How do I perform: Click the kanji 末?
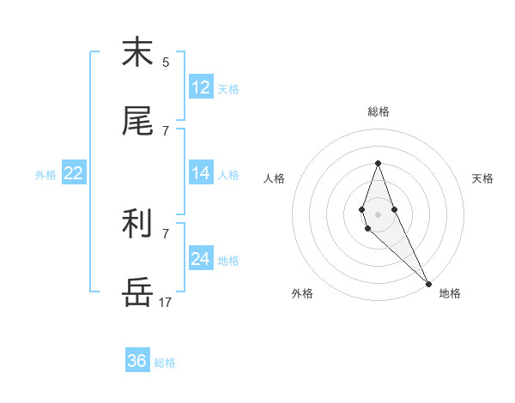(x=137, y=52)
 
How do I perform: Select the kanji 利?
(x=137, y=224)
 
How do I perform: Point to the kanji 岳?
(x=137, y=292)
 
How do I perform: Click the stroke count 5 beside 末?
(x=166, y=62)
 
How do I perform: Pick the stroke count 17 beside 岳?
(x=166, y=302)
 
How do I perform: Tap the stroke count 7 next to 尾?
(x=166, y=130)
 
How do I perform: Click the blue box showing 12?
(x=201, y=87)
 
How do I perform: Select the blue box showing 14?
(x=201, y=173)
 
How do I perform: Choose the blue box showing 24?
(x=201, y=259)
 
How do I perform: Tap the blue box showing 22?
(x=74, y=173)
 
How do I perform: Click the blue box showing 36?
(x=137, y=361)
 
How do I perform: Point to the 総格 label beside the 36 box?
(x=165, y=363)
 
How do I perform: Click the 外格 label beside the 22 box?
(x=45, y=175)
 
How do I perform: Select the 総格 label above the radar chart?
(x=379, y=111)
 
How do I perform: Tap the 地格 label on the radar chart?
(x=450, y=293)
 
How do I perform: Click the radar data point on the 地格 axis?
(x=428, y=284)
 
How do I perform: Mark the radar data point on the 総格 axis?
(x=378, y=163)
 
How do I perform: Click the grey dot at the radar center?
(x=378, y=214)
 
